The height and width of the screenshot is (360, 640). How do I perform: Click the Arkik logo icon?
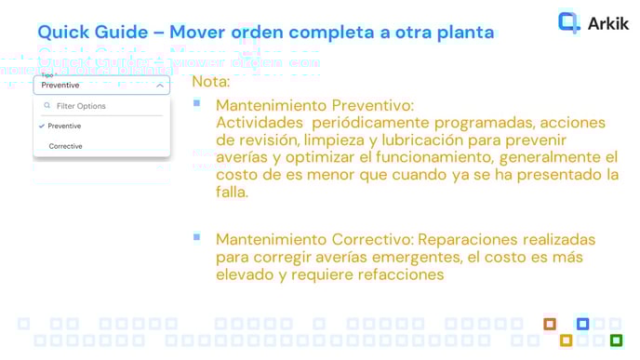pyautogui.click(x=568, y=22)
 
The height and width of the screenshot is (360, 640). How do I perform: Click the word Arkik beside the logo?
pyautogui.click(x=608, y=24)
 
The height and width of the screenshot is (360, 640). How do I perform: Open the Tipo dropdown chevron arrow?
pyautogui.click(x=161, y=86)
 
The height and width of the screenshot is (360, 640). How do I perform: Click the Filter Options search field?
pyautogui.click(x=102, y=106)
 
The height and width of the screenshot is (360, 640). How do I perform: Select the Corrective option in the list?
pyautogui.click(x=65, y=146)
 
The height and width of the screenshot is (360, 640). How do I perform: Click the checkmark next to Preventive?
pyautogui.click(x=42, y=126)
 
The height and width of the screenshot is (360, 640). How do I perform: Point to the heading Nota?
pyautogui.click(x=211, y=82)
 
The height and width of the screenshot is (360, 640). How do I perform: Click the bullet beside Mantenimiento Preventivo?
pyautogui.click(x=196, y=102)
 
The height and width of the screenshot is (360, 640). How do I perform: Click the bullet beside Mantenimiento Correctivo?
pyautogui.click(x=196, y=237)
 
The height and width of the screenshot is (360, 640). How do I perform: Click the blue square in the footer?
pyautogui.click(x=582, y=324)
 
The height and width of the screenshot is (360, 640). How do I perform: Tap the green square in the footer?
pyautogui.click(x=615, y=340)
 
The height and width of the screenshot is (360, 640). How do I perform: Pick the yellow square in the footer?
pyautogui.click(x=566, y=340)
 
